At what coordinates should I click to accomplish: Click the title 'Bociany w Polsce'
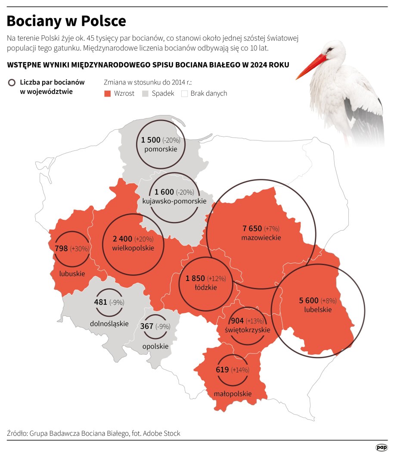[66, 21]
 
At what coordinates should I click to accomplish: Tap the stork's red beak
[311, 66]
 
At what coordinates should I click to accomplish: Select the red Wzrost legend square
[108, 93]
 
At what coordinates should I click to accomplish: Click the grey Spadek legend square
[145, 93]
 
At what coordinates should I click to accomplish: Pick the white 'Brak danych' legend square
[184, 93]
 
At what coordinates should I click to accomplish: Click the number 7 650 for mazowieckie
[252, 228]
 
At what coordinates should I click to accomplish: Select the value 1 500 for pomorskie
[151, 140]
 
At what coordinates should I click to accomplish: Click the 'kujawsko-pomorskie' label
[171, 201]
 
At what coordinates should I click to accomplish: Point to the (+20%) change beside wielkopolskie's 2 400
[144, 239]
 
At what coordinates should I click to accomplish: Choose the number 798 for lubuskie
[61, 248]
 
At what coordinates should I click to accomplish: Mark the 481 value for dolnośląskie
[100, 302]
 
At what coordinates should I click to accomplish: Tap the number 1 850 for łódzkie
[195, 278]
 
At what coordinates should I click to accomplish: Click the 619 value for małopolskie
[222, 369]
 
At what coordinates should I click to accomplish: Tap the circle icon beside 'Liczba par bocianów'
[12, 82]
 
